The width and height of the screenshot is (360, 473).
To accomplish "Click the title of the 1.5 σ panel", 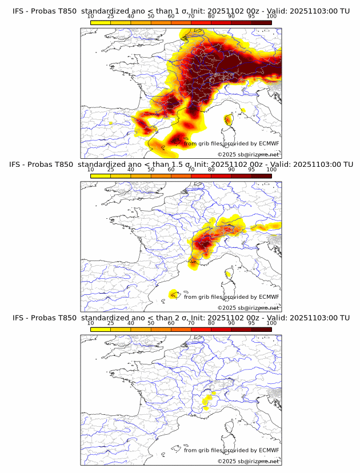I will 181,165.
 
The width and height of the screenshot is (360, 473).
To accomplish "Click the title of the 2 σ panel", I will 181,318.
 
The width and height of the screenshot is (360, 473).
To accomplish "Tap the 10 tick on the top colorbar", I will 91,17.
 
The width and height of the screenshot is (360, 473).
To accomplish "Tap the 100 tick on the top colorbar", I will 271,17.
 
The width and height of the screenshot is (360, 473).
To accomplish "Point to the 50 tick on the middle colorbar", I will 151,170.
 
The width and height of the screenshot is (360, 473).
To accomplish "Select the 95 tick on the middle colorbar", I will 251,170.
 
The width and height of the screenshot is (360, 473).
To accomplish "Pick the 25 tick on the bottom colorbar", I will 111,324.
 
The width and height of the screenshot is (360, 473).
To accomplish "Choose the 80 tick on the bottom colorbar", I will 211,324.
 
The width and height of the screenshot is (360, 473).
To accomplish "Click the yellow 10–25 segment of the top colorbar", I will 101,23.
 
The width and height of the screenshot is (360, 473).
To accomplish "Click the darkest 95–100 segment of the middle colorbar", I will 261,177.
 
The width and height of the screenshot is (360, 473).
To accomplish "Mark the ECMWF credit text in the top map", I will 231,143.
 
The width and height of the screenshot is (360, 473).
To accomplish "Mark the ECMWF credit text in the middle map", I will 231,297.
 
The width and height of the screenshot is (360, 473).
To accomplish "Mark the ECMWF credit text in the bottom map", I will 231,451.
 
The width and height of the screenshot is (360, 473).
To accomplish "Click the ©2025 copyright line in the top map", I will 249,155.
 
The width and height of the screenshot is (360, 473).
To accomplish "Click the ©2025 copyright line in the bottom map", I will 249,462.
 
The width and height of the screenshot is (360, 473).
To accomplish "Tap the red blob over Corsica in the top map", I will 229,120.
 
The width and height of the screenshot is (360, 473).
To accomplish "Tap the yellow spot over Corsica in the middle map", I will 228,274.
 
